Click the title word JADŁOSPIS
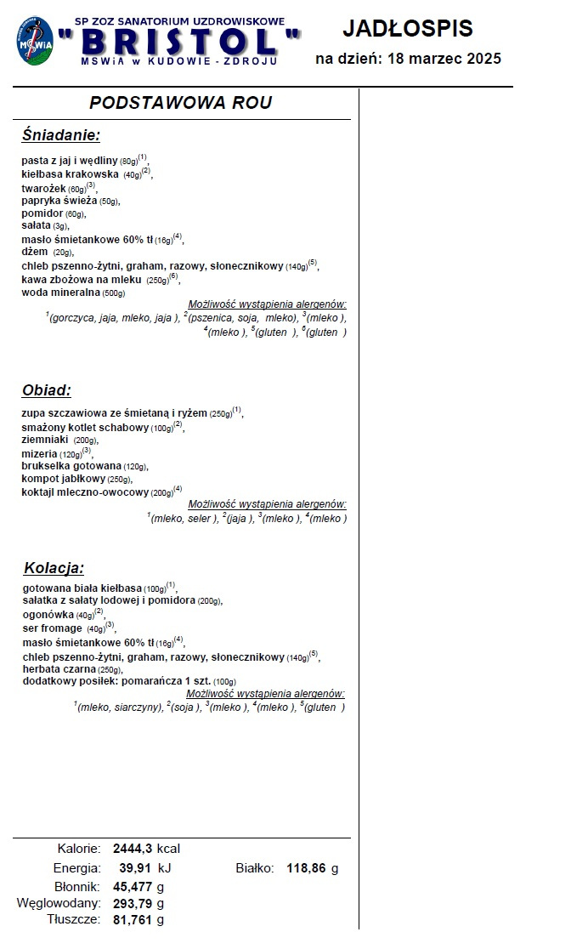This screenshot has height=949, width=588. pyautogui.click(x=408, y=29)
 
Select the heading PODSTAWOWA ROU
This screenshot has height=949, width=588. pyautogui.click(x=181, y=103)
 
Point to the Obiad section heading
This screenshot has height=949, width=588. pyautogui.click(x=46, y=390)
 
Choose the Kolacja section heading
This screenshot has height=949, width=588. pyautogui.click(x=54, y=568)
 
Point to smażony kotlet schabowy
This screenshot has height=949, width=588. pyautogui.click(x=85, y=427)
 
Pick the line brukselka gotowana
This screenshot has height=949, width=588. pyautogui.click(x=72, y=466)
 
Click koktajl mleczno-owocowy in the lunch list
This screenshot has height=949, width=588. pyautogui.click(x=85, y=492)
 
